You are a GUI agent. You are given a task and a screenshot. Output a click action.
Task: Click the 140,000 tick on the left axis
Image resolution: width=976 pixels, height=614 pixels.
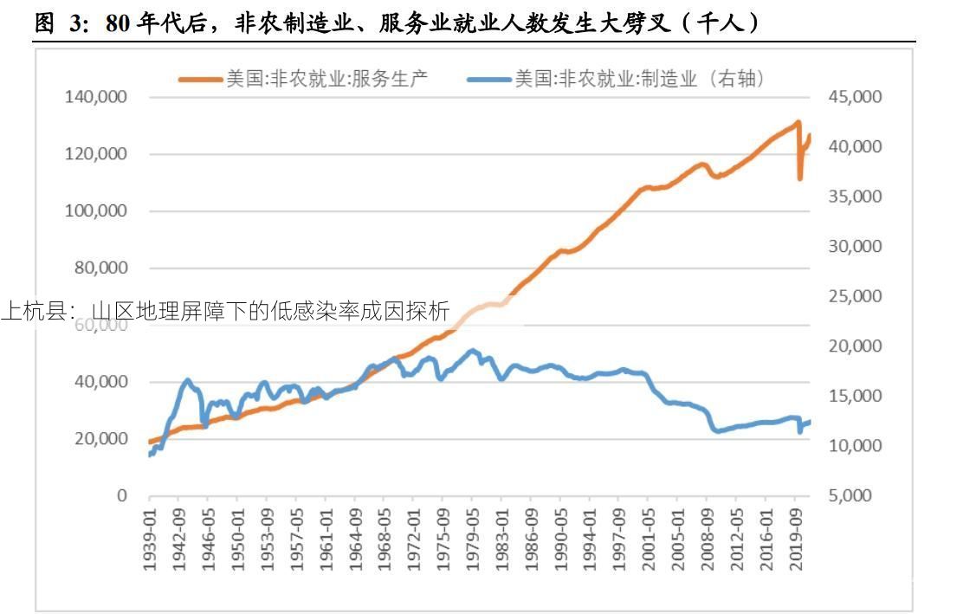click(x=96, y=97)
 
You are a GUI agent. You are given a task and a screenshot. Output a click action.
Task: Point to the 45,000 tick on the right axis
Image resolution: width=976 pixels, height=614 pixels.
click(x=856, y=97)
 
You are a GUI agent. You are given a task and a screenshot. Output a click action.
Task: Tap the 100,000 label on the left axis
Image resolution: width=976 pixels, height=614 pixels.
click(x=96, y=211)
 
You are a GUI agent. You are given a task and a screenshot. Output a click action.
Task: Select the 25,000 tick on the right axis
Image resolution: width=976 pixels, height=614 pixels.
click(x=856, y=296)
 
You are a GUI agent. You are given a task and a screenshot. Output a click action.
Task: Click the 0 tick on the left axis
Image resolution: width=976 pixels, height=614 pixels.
click(x=121, y=496)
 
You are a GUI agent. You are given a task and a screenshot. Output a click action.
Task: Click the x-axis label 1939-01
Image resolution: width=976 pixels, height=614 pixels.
click(x=150, y=538)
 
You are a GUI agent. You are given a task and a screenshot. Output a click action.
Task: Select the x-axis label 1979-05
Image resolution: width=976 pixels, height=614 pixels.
click(x=472, y=538)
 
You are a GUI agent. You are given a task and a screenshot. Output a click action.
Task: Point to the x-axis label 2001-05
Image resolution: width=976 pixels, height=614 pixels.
click(x=648, y=538)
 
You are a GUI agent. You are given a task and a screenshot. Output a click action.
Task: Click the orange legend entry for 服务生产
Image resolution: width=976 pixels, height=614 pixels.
click(x=303, y=79)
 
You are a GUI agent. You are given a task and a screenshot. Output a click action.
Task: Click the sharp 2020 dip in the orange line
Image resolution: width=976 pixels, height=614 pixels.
click(x=800, y=178)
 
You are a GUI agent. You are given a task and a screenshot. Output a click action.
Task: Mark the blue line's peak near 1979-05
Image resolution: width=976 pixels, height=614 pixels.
click(x=472, y=351)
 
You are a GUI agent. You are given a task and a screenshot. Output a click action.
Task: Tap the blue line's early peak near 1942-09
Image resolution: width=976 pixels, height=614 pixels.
click(x=187, y=380)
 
